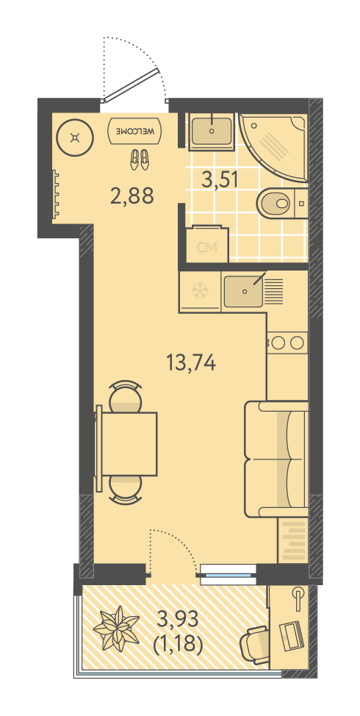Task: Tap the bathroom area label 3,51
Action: [220, 179]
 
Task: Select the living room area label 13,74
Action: [191, 364]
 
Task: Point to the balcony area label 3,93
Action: [178, 619]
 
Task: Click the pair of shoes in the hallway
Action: [139, 160]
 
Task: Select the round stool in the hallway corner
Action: [75, 137]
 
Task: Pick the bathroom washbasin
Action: [212, 131]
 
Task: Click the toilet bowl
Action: [275, 203]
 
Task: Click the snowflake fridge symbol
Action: [200, 291]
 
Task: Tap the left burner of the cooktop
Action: [278, 342]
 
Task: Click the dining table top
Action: [129, 443]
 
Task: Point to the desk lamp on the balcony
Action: [298, 598]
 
